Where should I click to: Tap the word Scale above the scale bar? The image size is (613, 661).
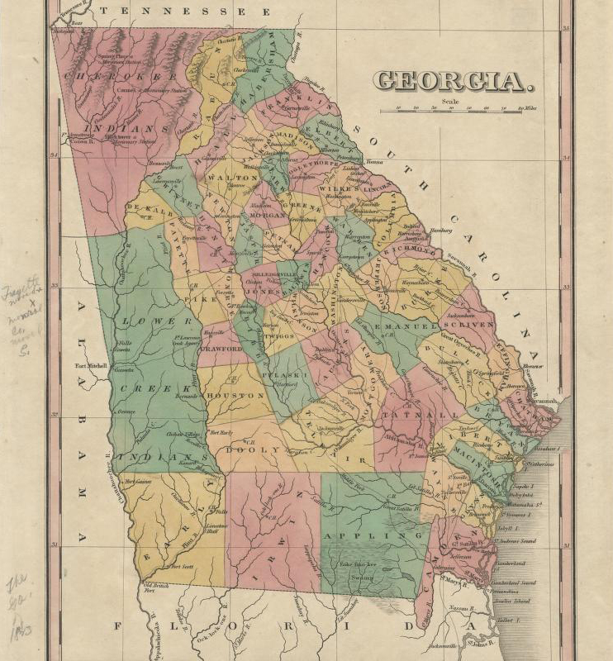point(449,102)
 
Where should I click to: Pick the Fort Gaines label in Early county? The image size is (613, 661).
point(134,482)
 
